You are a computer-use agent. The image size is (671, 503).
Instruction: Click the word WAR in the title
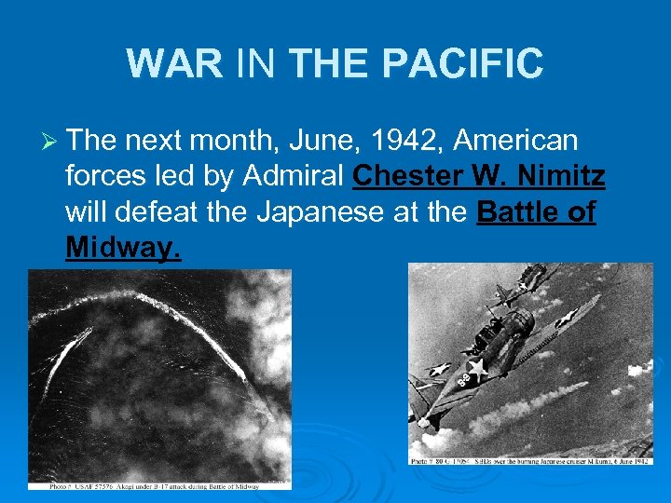coord(174,64)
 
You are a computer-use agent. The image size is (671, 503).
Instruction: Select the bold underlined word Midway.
coord(123,248)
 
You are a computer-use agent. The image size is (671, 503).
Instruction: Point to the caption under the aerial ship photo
coord(159,484)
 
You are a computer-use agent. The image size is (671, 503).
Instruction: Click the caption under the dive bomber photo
coord(531,460)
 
